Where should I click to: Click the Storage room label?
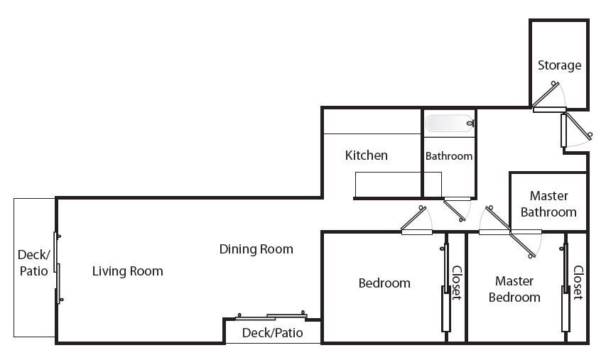pyautogui.click(x=559, y=65)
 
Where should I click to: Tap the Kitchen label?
pyautogui.click(x=366, y=156)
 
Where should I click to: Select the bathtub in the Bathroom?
pyautogui.click(x=450, y=124)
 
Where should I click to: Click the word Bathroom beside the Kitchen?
pyautogui.click(x=449, y=156)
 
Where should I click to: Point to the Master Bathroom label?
pyautogui.click(x=548, y=204)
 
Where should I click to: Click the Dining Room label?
pyautogui.click(x=256, y=249)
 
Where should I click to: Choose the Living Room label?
pyautogui.click(x=128, y=271)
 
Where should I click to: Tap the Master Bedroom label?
pyautogui.click(x=514, y=289)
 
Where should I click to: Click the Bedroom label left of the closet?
pyautogui.click(x=384, y=283)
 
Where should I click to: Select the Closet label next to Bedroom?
pyautogui.click(x=457, y=283)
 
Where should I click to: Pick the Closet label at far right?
pyautogui.click(x=578, y=283)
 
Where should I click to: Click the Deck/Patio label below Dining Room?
pyautogui.click(x=273, y=332)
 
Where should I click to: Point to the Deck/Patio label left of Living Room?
pyautogui.click(x=33, y=263)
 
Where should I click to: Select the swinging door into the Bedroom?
pyautogui.click(x=416, y=220)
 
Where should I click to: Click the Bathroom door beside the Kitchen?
pyautogui.click(x=457, y=209)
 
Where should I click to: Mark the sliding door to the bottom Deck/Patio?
pyautogui.click(x=271, y=316)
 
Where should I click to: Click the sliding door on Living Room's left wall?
pyautogui.click(x=58, y=268)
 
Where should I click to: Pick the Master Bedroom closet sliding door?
pyautogui.click(x=566, y=287)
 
